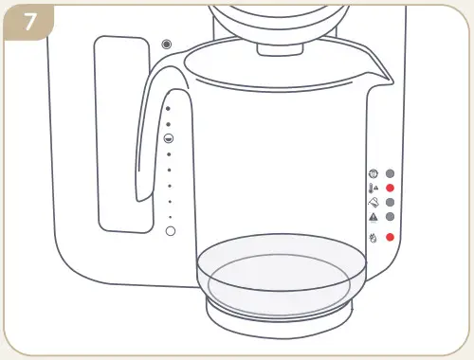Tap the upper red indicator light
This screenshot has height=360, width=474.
pyautogui.click(x=390, y=189)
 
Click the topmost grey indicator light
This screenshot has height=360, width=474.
pyautogui.click(x=390, y=174)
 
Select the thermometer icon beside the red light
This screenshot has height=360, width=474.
pyautogui.click(x=373, y=189)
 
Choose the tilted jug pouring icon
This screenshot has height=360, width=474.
pyautogui.click(x=373, y=203)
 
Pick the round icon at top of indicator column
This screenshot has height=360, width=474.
pyautogui.click(x=373, y=174)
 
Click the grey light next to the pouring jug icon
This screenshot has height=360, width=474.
pyautogui.click(x=390, y=203)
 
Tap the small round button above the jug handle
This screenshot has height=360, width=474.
pyautogui.click(x=167, y=45)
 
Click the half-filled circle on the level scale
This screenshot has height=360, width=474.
pyautogui.click(x=169, y=138)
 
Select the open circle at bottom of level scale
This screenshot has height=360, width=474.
pyautogui.click(x=171, y=231)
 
